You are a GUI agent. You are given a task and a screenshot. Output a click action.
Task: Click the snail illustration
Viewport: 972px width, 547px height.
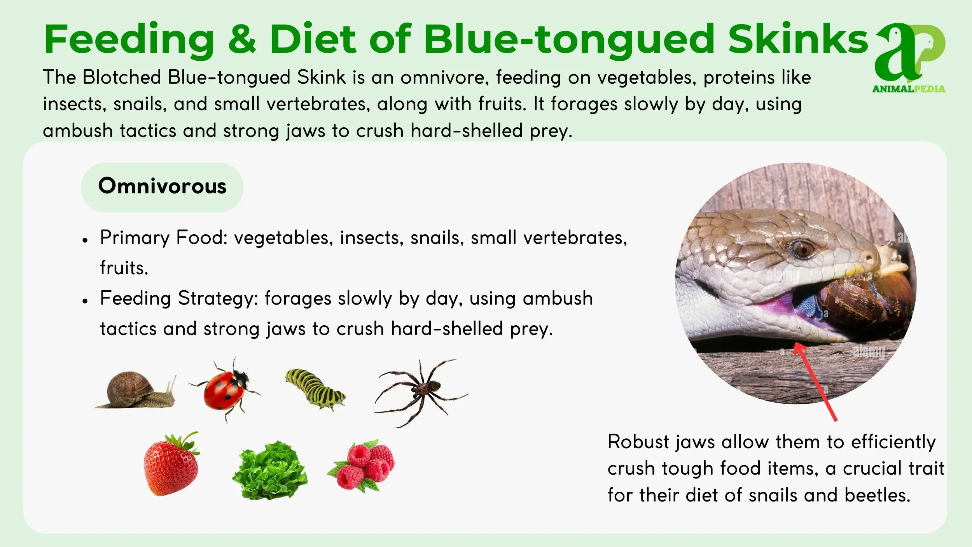pyautogui.click(x=136, y=390)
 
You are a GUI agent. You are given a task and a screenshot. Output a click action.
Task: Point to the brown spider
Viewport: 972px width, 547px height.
pyautogui.click(x=421, y=392)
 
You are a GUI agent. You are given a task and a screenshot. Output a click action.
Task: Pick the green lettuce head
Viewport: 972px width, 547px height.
pyautogui.click(x=270, y=470)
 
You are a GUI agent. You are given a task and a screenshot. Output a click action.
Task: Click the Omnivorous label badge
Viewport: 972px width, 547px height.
pyautogui.click(x=162, y=187)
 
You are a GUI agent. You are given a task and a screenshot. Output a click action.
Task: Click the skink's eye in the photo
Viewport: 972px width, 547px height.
pyautogui.click(x=802, y=248)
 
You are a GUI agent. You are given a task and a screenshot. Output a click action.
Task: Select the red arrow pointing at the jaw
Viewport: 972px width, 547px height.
pyautogui.click(x=815, y=381)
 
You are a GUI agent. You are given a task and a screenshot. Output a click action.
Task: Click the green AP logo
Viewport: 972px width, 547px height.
pyautogui.click(x=910, y=52)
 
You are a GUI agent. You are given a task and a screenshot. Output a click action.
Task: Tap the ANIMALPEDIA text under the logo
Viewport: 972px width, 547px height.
pyautogui.click(x=909, y=89)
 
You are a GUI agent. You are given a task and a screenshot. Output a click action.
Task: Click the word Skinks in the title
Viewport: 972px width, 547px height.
pyautogui.click(x=798, y=39)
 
